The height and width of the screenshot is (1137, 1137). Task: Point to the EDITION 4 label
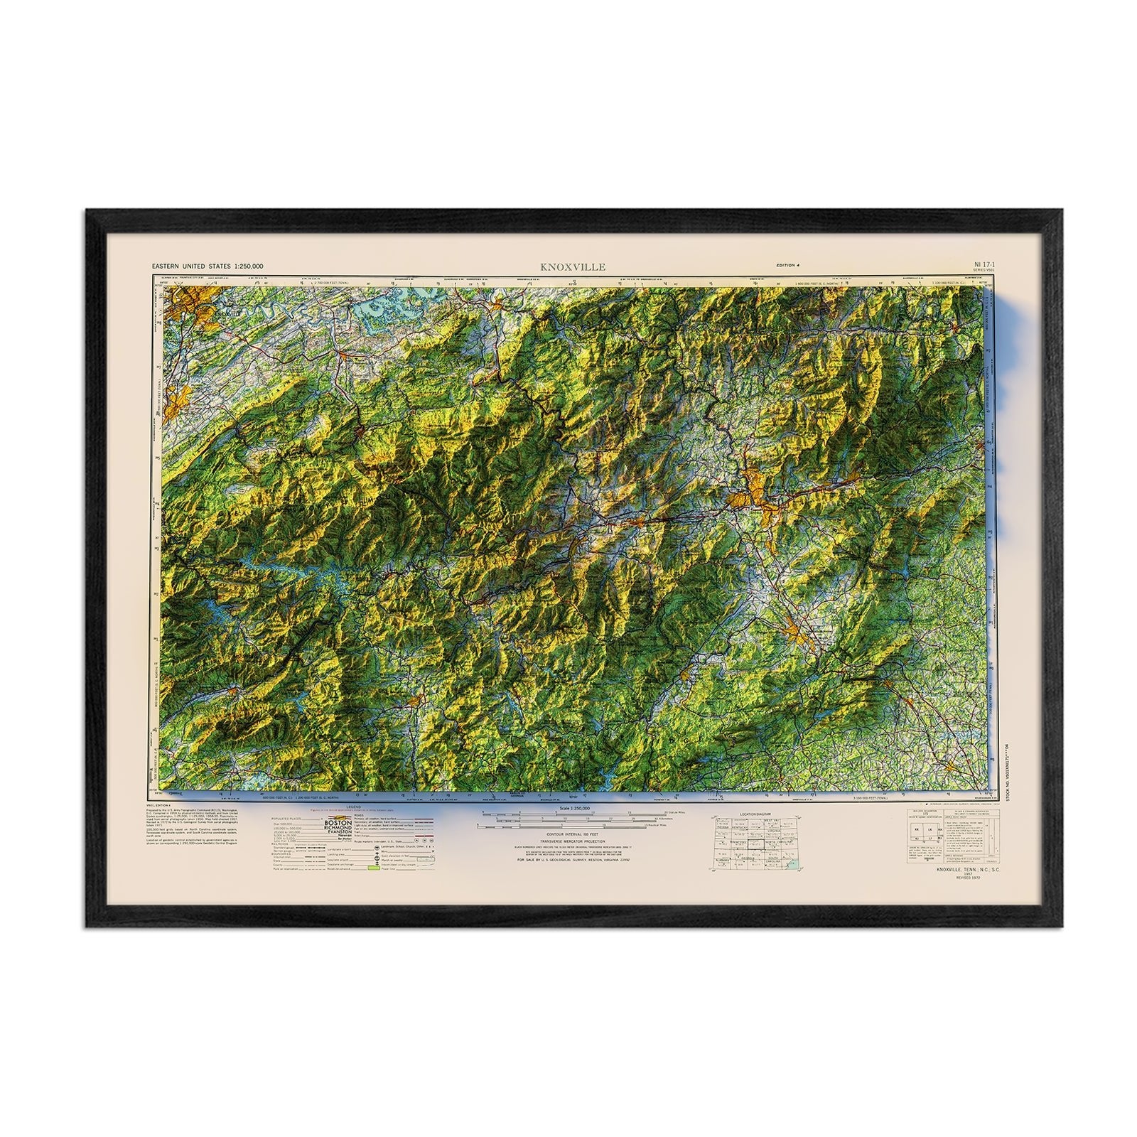(787, 264)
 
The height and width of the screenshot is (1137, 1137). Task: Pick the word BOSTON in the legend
(333, 822)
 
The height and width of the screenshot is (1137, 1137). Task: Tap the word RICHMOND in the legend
(333, 829)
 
